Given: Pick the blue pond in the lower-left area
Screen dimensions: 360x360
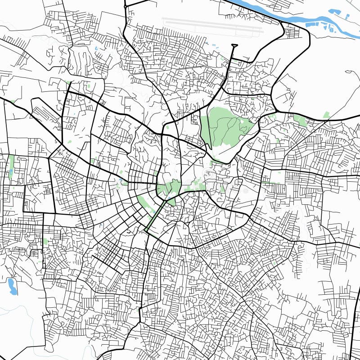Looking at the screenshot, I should tap(12, 286).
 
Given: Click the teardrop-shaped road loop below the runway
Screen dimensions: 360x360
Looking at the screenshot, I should tap(234, 45).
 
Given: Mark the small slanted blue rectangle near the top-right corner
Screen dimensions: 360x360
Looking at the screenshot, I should tap(347, 16).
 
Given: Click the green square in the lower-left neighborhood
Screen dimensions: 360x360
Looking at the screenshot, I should tap(45, 242).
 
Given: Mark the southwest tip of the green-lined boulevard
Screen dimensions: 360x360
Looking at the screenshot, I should tap(145, 230).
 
